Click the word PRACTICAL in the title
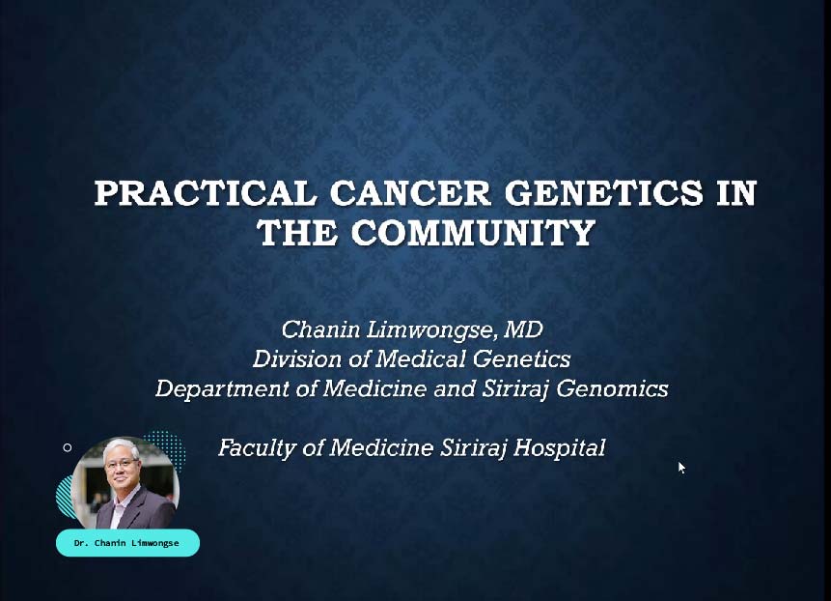(x=206, y=192)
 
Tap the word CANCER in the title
(x=410, y=192)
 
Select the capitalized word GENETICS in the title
(x=603, y=192)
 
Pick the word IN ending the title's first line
(x=736, y=192)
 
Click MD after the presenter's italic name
(x=524, y=329)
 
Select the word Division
(x=297, y=359)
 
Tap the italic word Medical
(x=422, y=359)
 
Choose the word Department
(x=223, y=389)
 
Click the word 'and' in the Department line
(x=455, y=388)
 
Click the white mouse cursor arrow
(x=681, y=468)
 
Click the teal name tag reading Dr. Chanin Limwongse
(x=127, y=543)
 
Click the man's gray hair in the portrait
(x=121, y=446)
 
